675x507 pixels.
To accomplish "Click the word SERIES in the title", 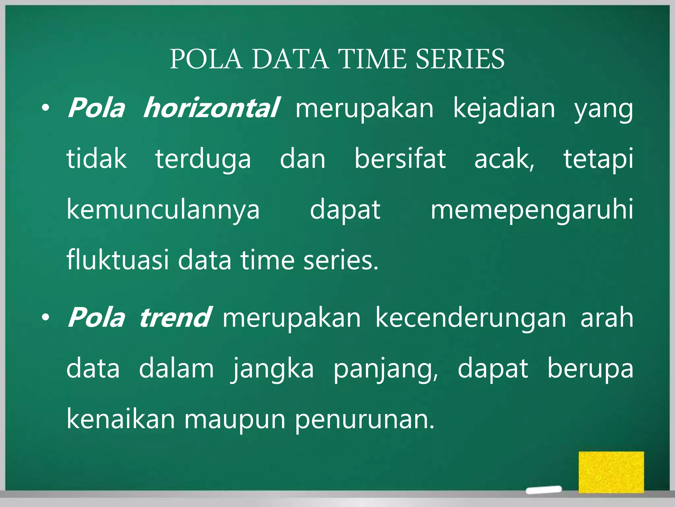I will coord(459,59).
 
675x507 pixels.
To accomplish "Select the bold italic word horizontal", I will coord(211,108).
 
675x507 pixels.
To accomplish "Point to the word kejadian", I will coord(504,109).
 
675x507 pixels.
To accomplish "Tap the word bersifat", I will coord(400,159).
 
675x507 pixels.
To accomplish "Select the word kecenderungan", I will coord(471,318).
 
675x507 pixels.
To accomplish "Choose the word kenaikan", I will coord(121,419).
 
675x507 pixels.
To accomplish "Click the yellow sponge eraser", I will coord(611,472).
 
